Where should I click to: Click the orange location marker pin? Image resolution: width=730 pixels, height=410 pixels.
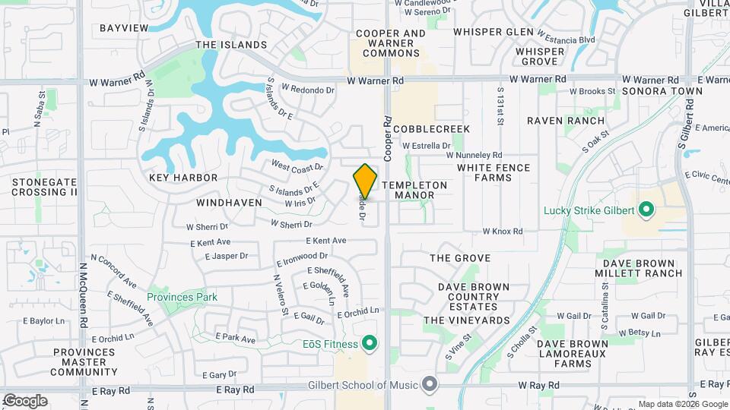pyautogui.click(x=366, y=181)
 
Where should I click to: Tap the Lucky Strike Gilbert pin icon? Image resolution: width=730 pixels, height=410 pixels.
pyautogui.click(x=646, y=208)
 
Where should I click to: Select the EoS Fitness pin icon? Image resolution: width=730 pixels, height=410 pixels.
pyautogui.click(x=370, y=344)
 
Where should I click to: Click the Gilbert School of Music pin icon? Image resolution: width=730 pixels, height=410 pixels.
pyautogui.click(x=430, y=384)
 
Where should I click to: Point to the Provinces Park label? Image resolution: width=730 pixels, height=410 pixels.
pyautogui.click(x=182, y=297)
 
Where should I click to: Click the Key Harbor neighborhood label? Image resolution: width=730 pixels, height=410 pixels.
pyautogui.click(x=183, y=178)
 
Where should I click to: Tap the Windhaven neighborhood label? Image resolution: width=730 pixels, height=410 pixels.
pyautogui.click(x=229, y=203)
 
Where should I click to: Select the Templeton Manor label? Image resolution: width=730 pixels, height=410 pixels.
pyautogui.click(x=414, y=190)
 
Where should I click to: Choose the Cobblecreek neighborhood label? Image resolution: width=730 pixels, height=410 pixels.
pyautogui.click(x=431, y=129)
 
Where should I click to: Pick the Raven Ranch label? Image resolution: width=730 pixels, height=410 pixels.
pyautogui.click(x=566, y=121)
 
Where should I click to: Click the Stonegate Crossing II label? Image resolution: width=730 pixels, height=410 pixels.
pyautogui.click(x=44, y=187)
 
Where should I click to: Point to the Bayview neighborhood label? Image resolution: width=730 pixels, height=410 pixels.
pyautogui.click(x=124, y=28)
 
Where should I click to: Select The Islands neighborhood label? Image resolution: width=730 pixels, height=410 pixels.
pyautogui.click(x=231, y=45)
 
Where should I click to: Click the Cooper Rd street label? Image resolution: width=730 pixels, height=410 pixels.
pyautogui.click(x=387, y=137)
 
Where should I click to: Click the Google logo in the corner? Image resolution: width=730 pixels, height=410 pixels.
pyautogui.click(x=24, y=401)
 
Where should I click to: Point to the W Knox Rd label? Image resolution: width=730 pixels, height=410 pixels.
pyautogui.click(x=503, y=231)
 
